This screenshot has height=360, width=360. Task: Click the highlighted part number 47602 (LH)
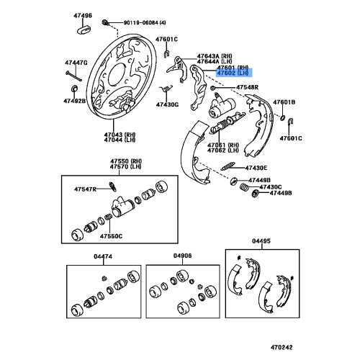click(x=233, y=73)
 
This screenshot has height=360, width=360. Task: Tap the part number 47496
click(x=83, y=16)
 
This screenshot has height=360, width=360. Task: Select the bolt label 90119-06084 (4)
click(x=145, y=23)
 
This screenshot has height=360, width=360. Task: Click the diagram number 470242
click(x=282, y=347)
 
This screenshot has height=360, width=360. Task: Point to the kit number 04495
click(x=261, y=240)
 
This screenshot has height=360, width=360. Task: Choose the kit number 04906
click(x=183, y=256)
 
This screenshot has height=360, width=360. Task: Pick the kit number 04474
click(x=103, y=256)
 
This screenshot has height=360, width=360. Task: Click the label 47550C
click(x=111, y=236)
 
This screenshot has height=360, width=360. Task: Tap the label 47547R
click(x=85, y=189)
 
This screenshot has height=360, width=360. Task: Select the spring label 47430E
click(x=256, y=168)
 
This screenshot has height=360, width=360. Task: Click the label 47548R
click(x=248, y=87)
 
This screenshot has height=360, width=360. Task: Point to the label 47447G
click(x=76, y=63)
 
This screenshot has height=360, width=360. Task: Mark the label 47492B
click(x=75, y=101)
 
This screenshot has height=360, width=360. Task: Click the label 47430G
click(x=167, y=104)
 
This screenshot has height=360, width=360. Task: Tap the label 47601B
click(x=284, y=102)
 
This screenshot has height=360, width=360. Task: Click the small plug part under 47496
click(x=84, y=30)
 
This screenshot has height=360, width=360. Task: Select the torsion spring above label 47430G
click(x=166, y=89)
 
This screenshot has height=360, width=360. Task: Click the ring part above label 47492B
click(x=75, y=88)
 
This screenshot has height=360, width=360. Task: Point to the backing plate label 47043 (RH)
click(x=120, y=135)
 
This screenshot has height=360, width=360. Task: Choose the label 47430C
click(x=271, y=187)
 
